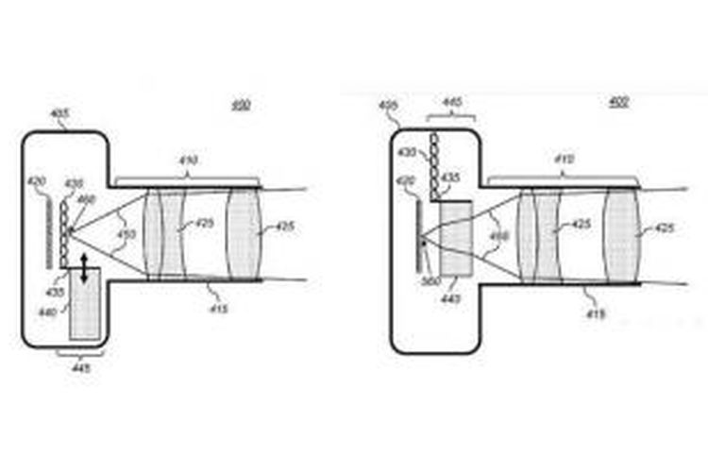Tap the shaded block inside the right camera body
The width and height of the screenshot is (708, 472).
click(456, 237)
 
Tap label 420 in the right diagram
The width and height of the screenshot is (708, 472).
click(405, 179)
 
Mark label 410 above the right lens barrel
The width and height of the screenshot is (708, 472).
click(564, 161)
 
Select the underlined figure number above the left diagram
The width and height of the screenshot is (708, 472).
click(241, 105)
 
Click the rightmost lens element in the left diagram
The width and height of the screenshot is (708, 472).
click(244, 228)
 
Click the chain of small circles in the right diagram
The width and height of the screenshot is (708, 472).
click(435, 165)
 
